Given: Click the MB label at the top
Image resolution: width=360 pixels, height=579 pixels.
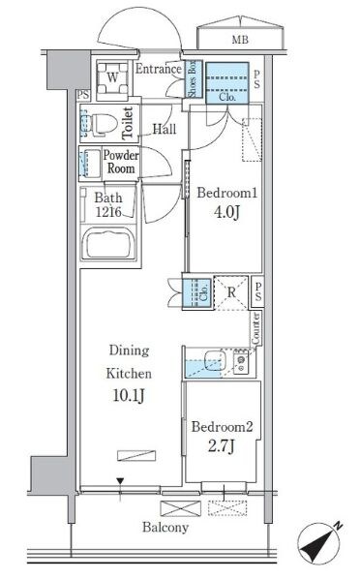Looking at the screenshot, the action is click(x=240, y=39).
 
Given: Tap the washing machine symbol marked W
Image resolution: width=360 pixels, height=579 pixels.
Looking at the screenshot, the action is click(x=112, y=78).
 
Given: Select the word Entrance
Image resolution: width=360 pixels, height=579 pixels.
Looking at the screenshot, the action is click(x=159, y=69).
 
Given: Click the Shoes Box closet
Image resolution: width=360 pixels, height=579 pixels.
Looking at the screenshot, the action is click(x=194, y=78).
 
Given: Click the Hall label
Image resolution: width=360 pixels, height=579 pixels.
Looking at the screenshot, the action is click(x=165, y=129).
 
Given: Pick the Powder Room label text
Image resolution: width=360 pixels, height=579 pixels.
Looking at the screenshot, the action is click(x=121, y=162).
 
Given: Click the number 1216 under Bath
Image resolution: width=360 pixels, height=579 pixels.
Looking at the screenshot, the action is click(x=108, y=212).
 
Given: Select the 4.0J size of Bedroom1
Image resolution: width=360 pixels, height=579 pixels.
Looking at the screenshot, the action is click(x=227, y=212).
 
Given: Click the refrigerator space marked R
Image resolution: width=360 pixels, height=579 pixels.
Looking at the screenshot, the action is click(x=231, y=292).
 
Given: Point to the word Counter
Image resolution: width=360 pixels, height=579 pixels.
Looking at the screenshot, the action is click(x=255, y=328).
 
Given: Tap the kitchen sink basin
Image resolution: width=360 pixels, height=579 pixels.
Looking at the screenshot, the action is click(x=215, y=360).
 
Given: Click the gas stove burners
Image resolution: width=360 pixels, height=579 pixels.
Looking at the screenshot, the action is click(x=241, y=363).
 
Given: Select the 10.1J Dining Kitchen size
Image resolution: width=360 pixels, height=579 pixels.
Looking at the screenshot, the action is click(x=129, y=395).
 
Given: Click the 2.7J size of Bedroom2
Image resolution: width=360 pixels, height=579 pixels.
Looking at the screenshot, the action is click(x=221, y=446).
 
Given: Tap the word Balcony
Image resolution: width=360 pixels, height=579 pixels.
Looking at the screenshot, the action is click(x=165, y=528).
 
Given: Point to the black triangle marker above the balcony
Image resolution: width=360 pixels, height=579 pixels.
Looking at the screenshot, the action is click(x=120, y=481).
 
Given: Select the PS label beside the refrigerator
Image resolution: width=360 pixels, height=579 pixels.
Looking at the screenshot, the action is click(x=258, y=291).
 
